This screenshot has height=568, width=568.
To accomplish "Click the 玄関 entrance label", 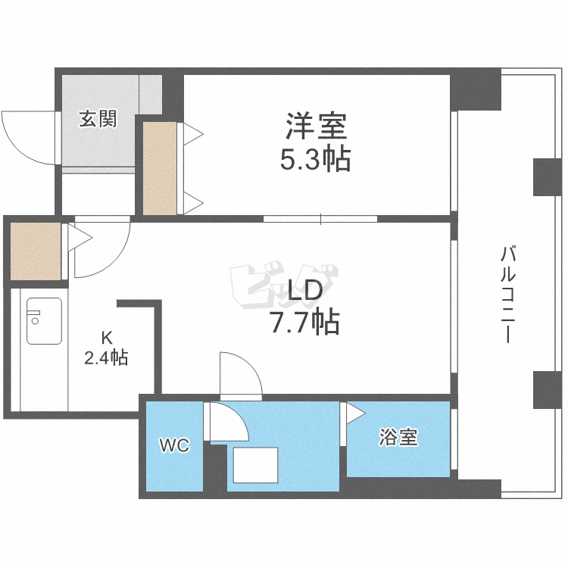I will point(98,119).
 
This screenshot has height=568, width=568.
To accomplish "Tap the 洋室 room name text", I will point(316,126).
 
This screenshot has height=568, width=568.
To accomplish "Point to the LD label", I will point(305,290).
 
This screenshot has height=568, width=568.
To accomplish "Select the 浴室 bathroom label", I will point(398,437).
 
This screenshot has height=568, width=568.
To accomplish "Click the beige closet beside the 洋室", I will point(160,167).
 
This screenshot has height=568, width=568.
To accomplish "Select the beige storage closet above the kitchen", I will point(35,251).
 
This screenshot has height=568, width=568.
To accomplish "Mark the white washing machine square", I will point(255,465).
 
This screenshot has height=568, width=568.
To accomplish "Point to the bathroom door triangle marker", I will point(354,413).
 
